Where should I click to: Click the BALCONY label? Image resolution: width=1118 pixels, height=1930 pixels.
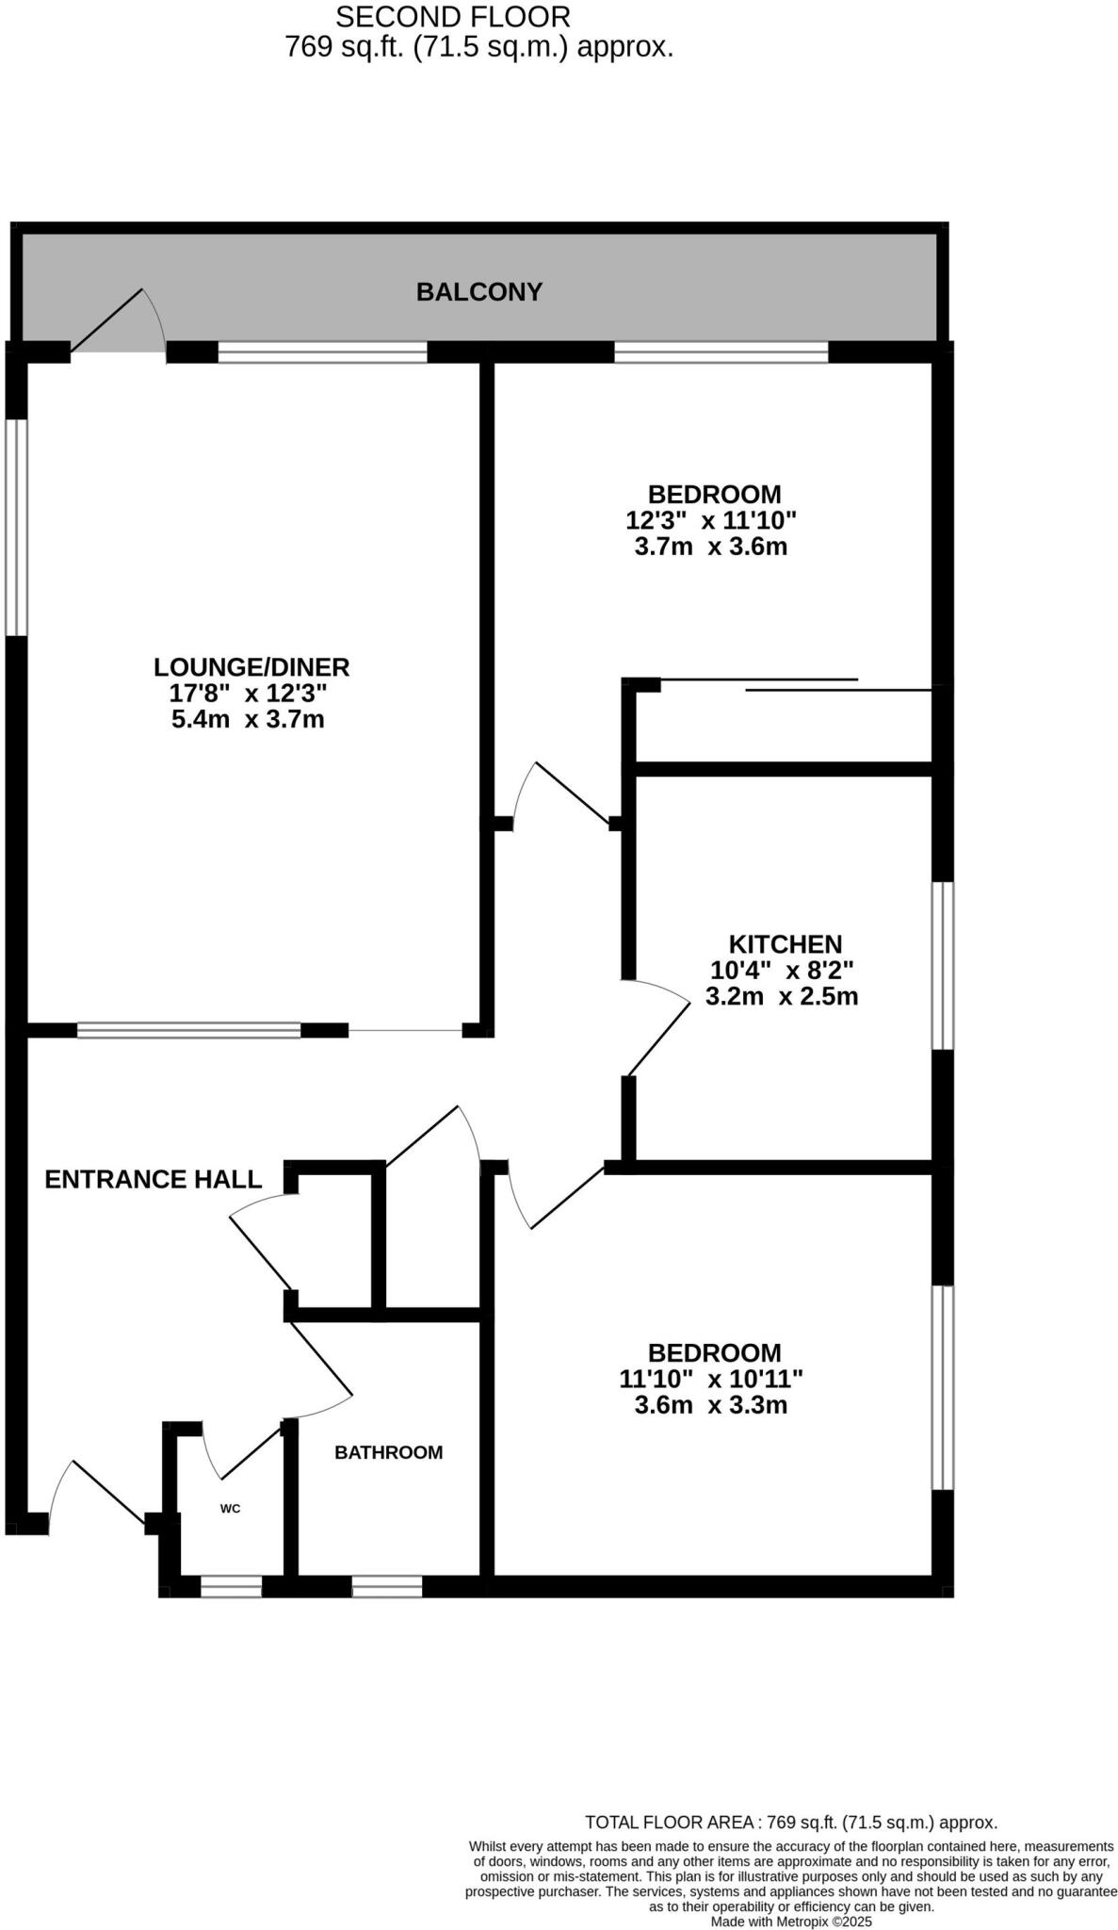(x=478, y=292)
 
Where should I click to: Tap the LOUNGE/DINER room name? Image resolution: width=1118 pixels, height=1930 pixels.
(x=251, y=667)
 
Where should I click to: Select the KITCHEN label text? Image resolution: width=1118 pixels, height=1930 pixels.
(x=785, y=944)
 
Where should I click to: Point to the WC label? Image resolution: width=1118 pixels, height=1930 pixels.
(x=231, y=1509)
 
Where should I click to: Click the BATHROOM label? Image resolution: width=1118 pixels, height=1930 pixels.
(x=388, y=1452)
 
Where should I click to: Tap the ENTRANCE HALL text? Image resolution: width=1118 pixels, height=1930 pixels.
(x=154, y=1180)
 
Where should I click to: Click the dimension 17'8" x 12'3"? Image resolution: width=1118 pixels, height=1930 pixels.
(x=248, y=694)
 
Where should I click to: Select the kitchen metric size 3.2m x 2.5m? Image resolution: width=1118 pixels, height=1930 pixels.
(x=782, y=996)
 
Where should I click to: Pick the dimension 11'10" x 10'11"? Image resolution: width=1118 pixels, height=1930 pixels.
(x=711, y=1380)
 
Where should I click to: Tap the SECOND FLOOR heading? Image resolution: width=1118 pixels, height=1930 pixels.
(x=452, y=17)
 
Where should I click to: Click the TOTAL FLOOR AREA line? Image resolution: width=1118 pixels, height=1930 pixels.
(x=791, y=1823)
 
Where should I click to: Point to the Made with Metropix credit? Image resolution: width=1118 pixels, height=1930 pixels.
(x=791, y=1922)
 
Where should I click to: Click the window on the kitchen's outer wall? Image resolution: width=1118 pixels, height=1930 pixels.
(x=942, y=965)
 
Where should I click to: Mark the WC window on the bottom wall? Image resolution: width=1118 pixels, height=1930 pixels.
(x=231, y=1587)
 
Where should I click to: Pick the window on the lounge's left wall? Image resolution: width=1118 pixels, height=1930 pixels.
(x=16, y=527)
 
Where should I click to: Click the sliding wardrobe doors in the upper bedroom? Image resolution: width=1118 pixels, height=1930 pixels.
(x=801, y=685)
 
